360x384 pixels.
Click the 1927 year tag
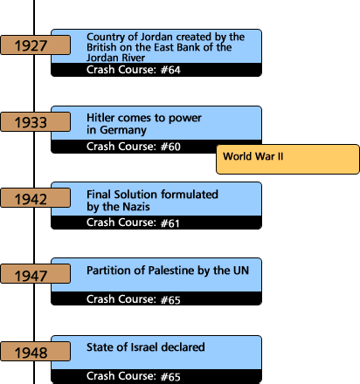pos(35,45)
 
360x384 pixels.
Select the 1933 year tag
pos(35,122)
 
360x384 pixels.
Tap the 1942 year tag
pos(35,198)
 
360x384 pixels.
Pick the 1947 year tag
pos(35,274)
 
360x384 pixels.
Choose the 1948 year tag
pos(35,352)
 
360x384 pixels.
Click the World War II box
pos(287,160)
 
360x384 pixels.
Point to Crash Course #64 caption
pos(134,70)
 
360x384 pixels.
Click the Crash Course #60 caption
pos(134,147)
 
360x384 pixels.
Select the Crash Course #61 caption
pos(133,223)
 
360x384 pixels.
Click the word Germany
pos(123,130)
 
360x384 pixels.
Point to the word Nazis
pos(136,207)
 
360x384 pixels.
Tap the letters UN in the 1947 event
pos(241,271)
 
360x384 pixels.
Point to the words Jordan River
pos(115,58)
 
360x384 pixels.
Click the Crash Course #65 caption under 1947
pos(134,299)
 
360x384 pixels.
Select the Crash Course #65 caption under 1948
pos(134,376)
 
